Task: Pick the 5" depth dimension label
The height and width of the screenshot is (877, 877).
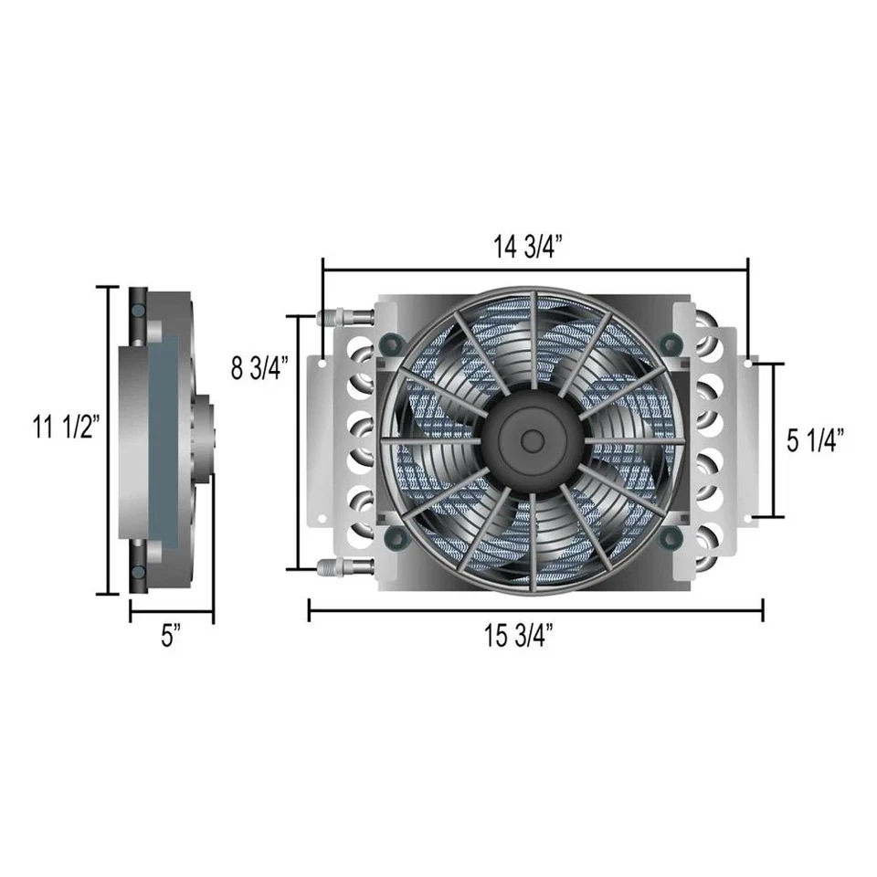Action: [170, 637]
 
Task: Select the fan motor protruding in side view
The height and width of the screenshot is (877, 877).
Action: [204, 438]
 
